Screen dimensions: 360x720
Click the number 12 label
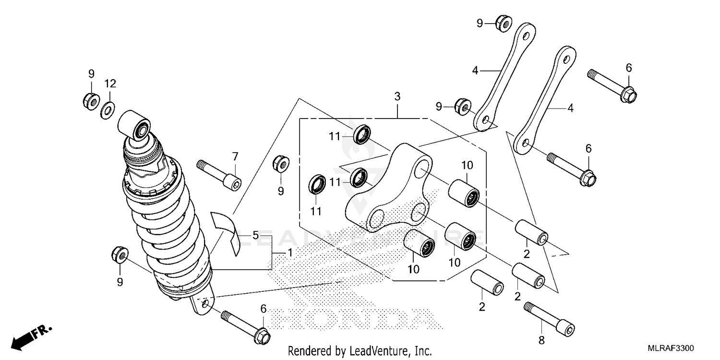pos(110,84)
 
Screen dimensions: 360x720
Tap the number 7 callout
pos(235,156)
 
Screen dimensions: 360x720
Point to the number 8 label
pos(541,340)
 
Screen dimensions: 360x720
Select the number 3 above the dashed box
pos(397,96)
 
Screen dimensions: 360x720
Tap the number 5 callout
pos(255,236)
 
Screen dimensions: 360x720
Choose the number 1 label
pos(289,252)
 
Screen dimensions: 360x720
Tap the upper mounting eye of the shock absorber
pos(134,126)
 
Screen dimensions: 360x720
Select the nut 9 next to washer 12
pos(90,100)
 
